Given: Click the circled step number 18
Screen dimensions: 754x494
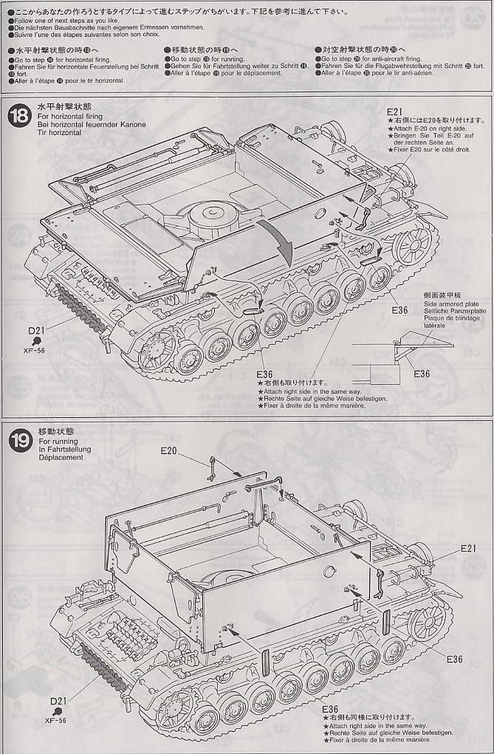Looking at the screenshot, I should (x=20, y=116).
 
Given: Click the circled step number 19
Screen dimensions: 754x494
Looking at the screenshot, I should (x=20, y=441).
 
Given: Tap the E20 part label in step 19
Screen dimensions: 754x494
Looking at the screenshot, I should (x=169, y=450).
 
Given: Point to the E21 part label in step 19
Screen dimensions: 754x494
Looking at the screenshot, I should (x=470, y=548).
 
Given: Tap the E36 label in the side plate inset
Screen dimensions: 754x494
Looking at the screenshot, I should (x=422, y=374).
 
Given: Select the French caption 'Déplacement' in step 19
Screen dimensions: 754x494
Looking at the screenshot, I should (x=63, y=457).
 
